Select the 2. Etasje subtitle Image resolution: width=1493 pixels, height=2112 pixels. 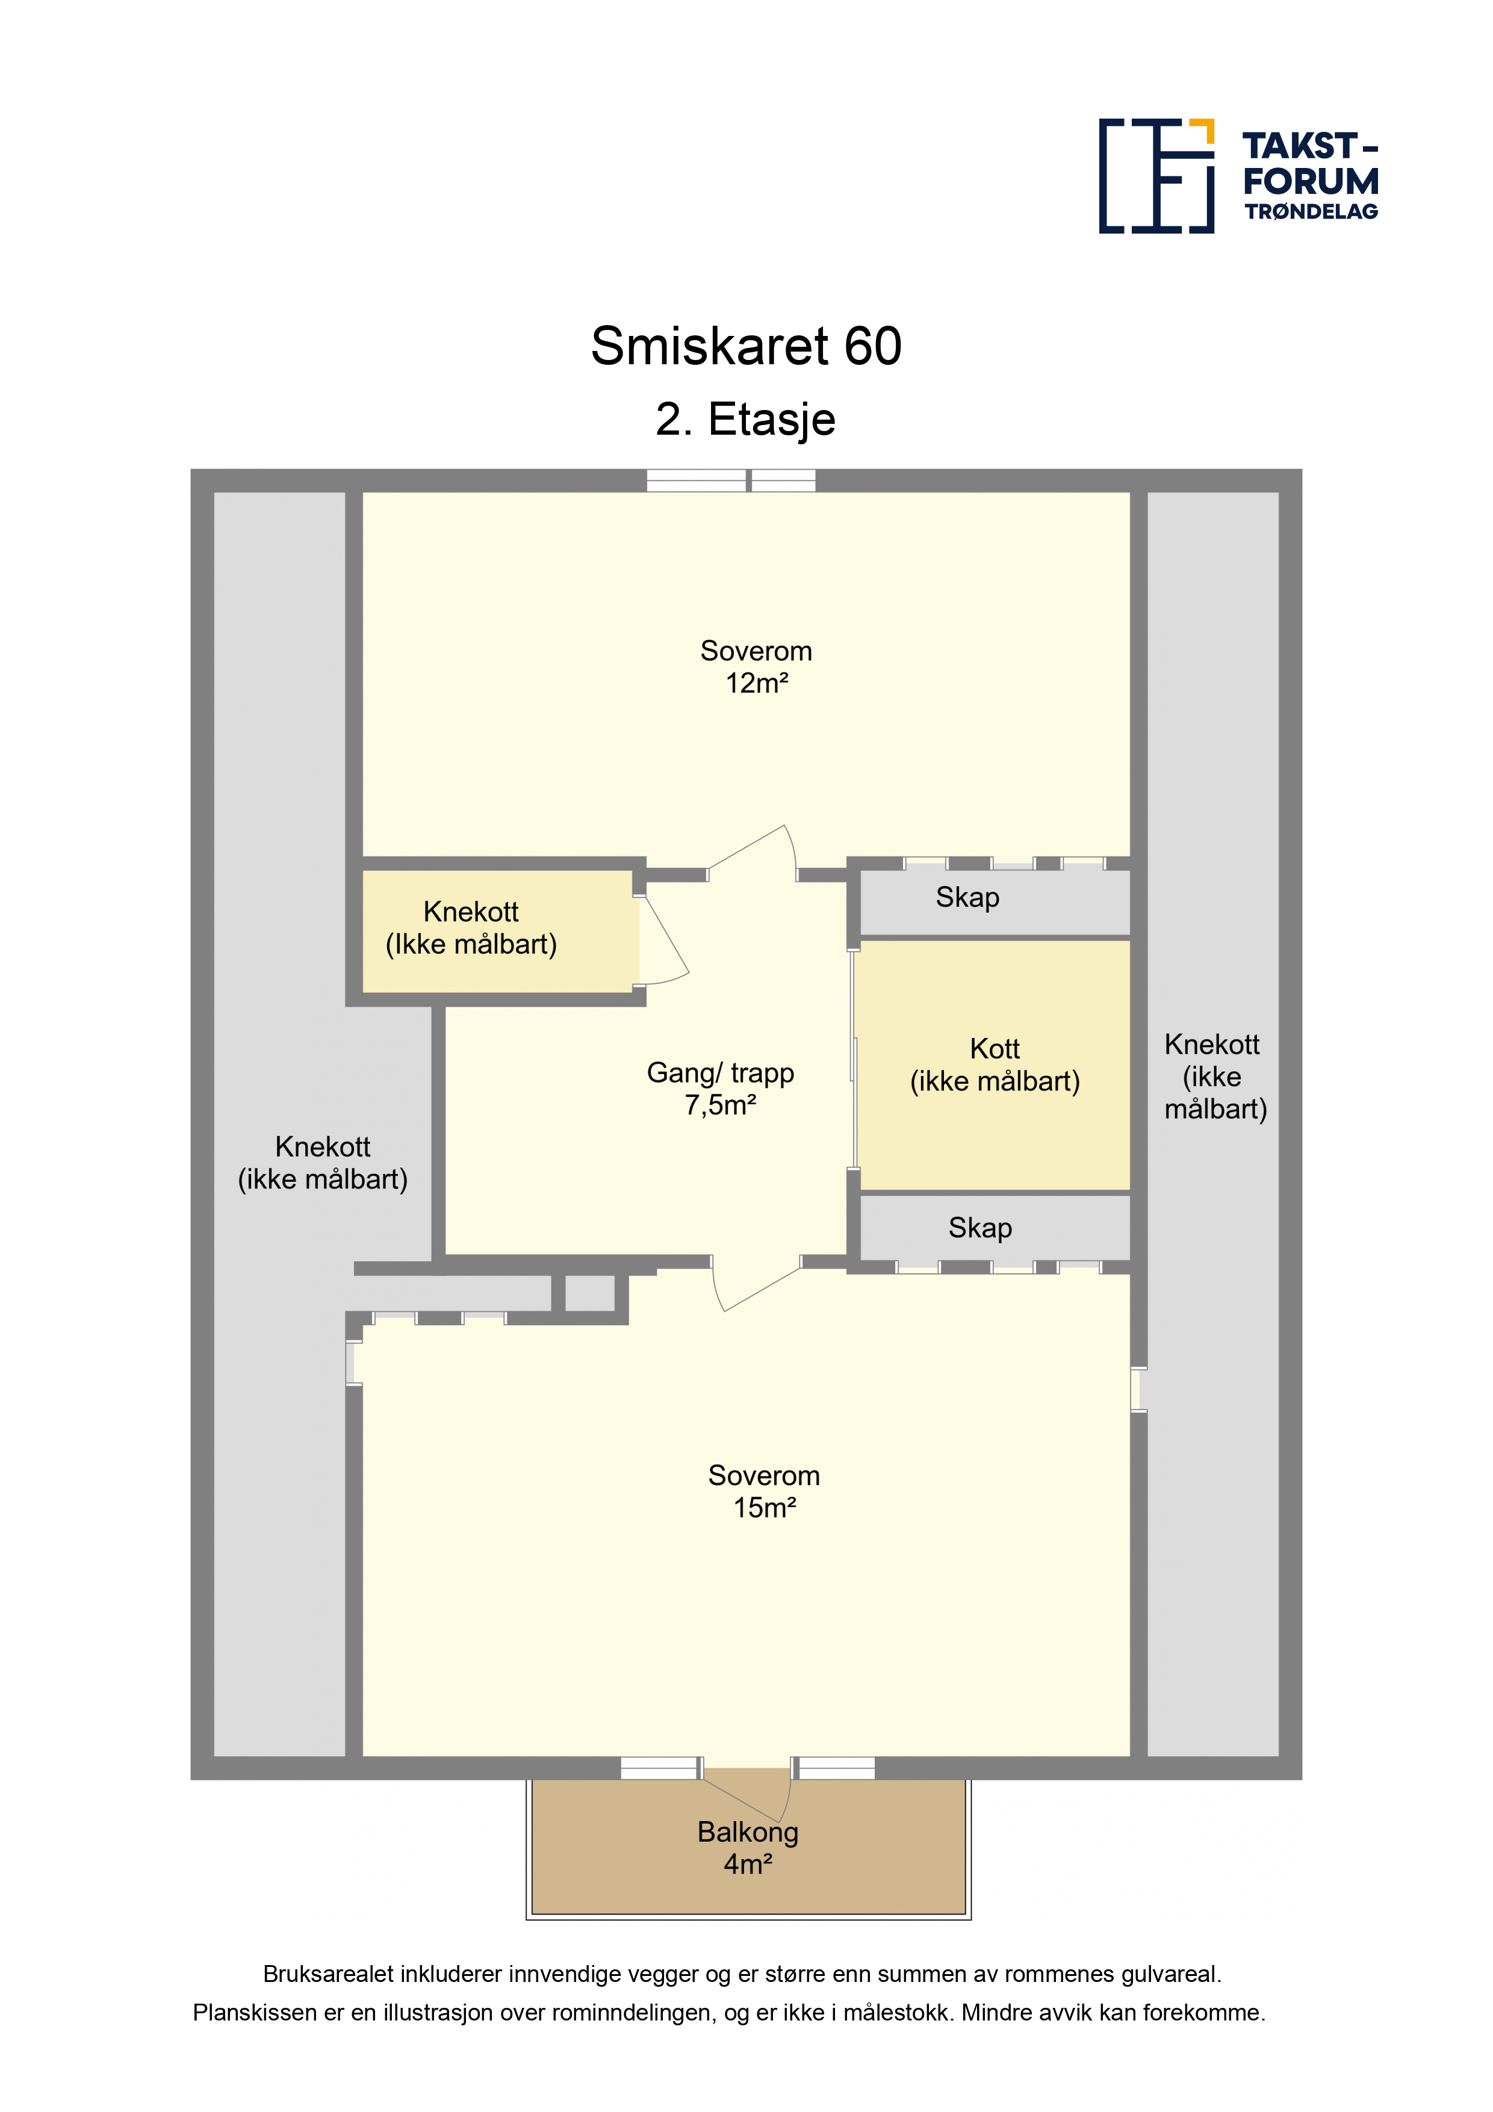coord(745,420)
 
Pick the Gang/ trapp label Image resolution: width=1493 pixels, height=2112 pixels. coord(720,1073)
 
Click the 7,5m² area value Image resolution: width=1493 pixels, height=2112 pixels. coord(720,1105)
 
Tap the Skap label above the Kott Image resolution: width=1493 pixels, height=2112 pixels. coord(967,897)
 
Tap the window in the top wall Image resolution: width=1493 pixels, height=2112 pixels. coord(731,480)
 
